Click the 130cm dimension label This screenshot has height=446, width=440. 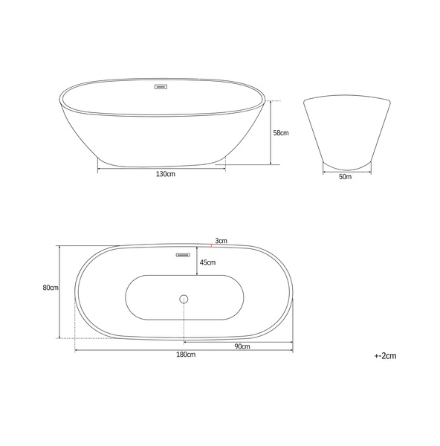[165, 174]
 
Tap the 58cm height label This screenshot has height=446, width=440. [281, 133]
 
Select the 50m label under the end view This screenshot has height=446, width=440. [345, 177]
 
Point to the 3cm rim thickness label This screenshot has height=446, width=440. [221, 241]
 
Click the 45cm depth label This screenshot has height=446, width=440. [207, 262]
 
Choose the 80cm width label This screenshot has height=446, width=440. [51, 288]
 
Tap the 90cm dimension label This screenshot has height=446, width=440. [242, 346]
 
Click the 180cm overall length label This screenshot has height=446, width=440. [186, 355]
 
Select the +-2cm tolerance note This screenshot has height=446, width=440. [385, 356]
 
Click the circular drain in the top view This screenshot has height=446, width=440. [184, 299]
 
